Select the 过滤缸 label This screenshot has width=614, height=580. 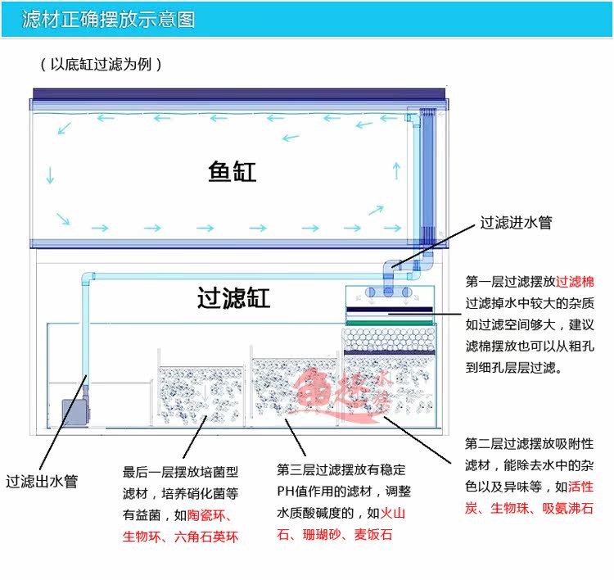tap(233, 297)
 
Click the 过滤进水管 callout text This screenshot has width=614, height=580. tap(516, 222)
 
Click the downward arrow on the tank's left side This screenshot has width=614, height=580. tap(51, 174)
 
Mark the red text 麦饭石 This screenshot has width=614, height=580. tap(374, 535)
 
